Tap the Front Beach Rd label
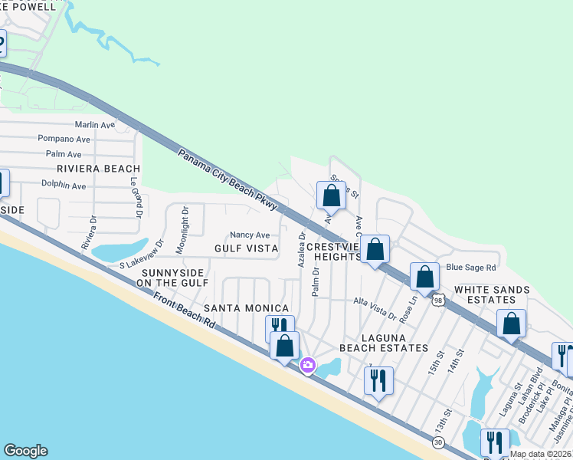(x=184, y=312)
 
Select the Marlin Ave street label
(x=94, y=124)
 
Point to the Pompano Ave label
(x=64, y=140)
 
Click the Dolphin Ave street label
(x=64, y=186)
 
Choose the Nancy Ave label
(x=250, y=235)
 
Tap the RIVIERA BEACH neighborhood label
(x=98, y=169)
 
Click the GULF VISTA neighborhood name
(x=246, y=248)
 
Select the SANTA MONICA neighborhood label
(x=246, y=307)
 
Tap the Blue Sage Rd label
(x=471, y=268)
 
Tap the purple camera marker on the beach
(x=308, y=365)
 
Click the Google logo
(x=25, y=452)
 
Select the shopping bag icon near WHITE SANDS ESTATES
(x=511, y=324)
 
